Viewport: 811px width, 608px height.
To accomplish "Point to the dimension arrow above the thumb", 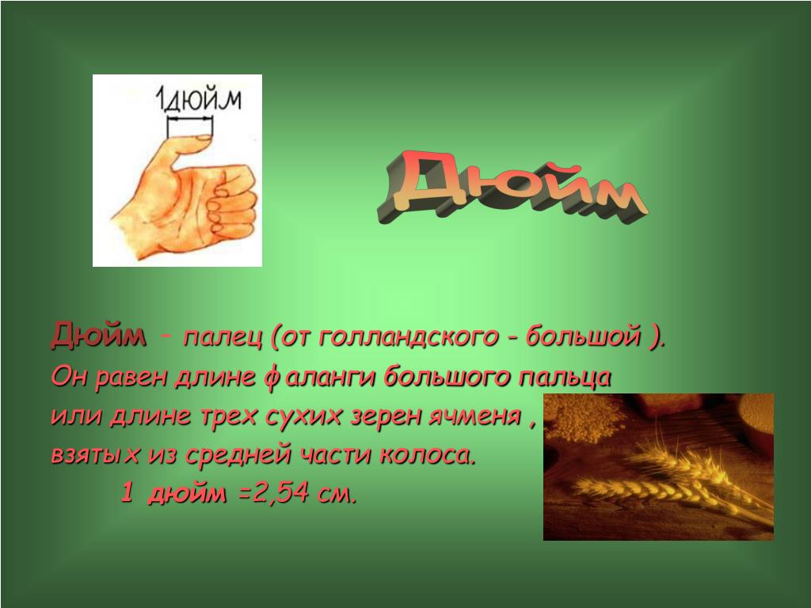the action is [190, 120].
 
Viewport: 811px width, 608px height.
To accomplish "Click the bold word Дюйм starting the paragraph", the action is [98, 336].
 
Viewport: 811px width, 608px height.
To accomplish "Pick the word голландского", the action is [408, 337].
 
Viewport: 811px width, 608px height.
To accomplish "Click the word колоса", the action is [427, 455].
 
